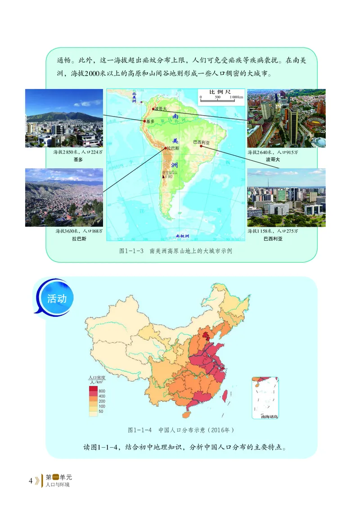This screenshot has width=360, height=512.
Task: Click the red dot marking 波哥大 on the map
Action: [x=153, y=109]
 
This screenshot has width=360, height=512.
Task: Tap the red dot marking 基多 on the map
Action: [x=145, y=121]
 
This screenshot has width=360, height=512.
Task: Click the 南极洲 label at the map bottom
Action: [x=182, y=236]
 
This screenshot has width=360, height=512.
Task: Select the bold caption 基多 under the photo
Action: [x=78, y=160]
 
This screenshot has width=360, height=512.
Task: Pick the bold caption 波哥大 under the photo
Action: [x=273, y=160]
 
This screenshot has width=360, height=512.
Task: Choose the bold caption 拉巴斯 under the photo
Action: [x=78, y=238]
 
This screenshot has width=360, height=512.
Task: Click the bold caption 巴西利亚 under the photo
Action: [x=273, y=238]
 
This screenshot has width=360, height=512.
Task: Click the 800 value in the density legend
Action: [x=101, y=391]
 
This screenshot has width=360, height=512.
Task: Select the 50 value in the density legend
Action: [x=101, y=411]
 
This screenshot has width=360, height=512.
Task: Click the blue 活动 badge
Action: [x=57, y=299]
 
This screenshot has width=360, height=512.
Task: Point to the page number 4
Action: [x=31, y=481]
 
